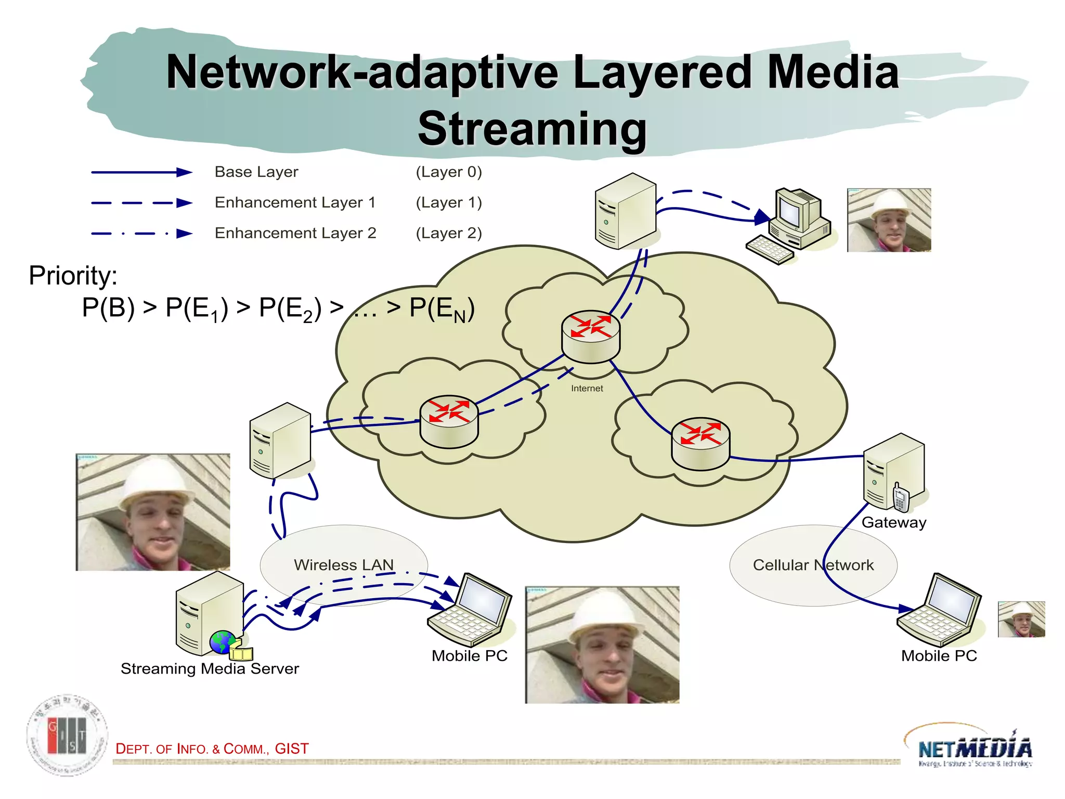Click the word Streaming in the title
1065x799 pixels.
tap(532, 128)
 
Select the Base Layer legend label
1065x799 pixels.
tap(256, 172)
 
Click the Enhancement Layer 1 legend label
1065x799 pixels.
tap(295, 202)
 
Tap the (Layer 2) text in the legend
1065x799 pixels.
tap(449, 233)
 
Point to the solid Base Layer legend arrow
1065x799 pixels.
tap(141, 172)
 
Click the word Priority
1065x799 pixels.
tap(73, 275)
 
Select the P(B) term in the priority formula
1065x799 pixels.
tap(108, 307)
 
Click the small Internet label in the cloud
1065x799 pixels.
tap(587, 388)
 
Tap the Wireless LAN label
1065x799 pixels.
tap(344, 564)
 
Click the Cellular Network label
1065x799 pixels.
tap(813, 564)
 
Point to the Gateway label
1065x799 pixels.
tap(893, 522)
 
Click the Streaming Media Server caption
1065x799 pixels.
tap(210, 668)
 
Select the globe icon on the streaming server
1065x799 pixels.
tap(223, 642)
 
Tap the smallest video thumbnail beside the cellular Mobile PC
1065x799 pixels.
tap(1021, 619)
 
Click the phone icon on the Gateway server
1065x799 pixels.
tap(900, 497)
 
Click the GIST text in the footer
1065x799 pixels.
tap(292, 749)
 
